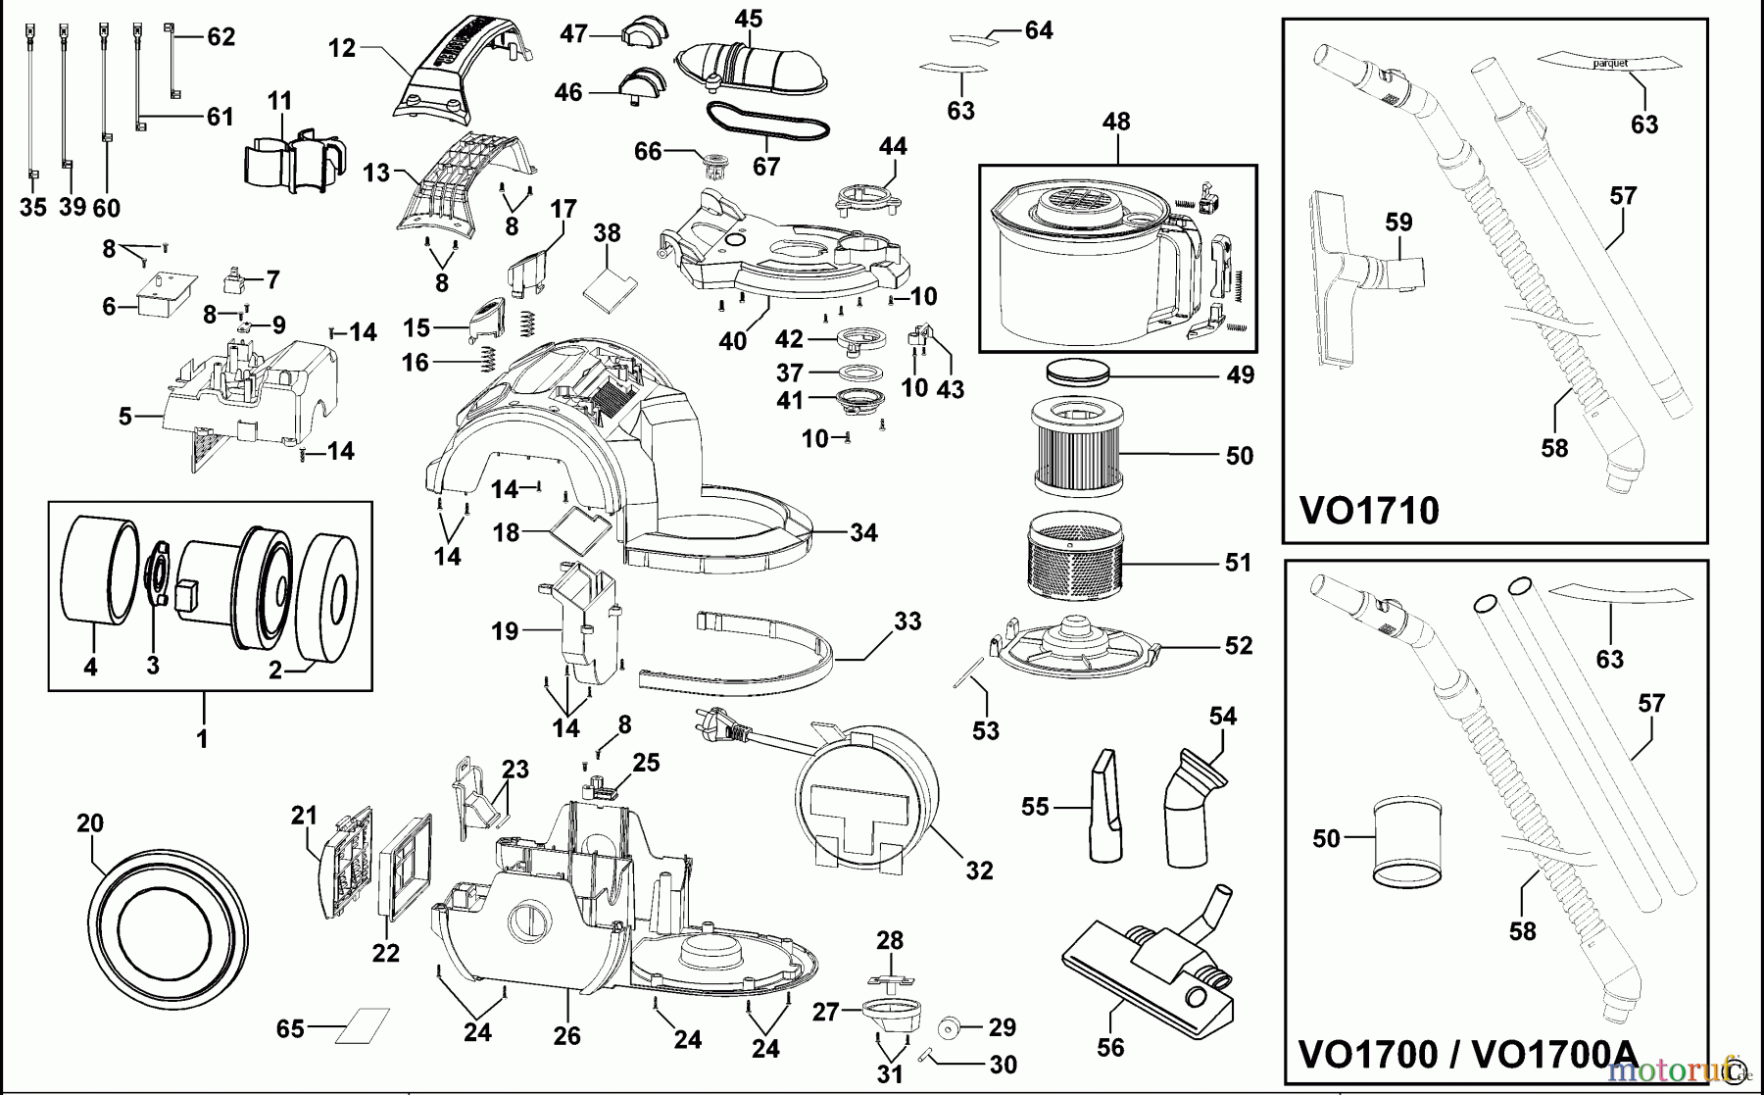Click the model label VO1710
click(x=1368, y=511)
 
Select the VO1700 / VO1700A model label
click(x=1466, y=1055)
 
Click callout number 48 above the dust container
click(x=1116, y=122)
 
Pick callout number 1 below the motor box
click(x=202, y=738)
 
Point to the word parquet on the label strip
click(x=1610, y=63)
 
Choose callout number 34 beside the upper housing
click(x=863, y=533)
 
